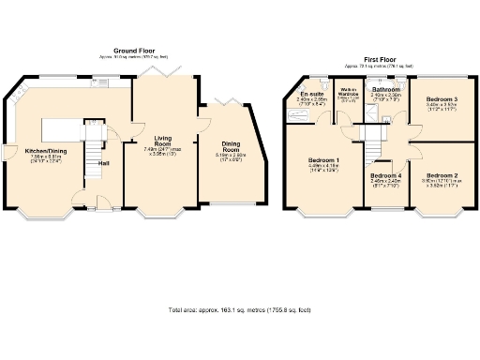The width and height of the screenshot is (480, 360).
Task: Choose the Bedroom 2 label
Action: [441, 175]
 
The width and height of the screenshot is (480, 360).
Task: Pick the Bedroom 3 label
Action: [441, 99]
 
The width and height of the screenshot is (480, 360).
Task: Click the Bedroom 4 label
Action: [385, 176]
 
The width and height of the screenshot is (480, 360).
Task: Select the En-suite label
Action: [312, 95]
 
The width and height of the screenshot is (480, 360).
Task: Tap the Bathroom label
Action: [385, 90]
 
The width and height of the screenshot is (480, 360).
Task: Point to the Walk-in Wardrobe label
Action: [347, 94]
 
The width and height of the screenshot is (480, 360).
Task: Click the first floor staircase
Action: [375, 141]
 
